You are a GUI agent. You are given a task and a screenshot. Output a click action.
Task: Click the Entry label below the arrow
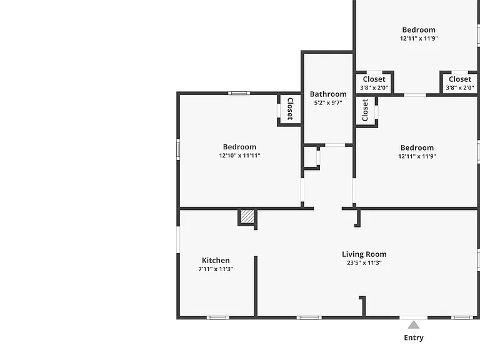(x=414, y=337)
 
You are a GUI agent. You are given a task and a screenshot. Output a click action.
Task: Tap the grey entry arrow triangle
(x=414, y=325)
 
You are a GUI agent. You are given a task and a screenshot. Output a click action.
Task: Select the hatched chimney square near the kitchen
(x=247, y=216)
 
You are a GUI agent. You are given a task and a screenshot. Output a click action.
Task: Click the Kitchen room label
(x=216, y=260)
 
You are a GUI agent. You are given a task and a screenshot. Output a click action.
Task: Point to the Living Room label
(x=364, y=254)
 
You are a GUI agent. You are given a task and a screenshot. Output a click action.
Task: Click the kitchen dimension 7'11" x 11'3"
(x=216, y=269)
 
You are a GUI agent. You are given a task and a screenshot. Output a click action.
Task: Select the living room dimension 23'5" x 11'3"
(x=364, y=262)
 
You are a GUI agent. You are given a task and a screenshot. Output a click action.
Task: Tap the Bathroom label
(x=328, y=94)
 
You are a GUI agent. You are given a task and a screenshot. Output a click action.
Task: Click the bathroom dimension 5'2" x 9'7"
(x=328, y=103)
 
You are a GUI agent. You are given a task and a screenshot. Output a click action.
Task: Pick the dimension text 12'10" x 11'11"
(x=240, y=156)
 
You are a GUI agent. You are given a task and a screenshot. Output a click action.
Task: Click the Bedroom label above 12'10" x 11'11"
(x=240, y=147)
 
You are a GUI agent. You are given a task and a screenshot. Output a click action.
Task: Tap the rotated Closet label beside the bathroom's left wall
(x=290, y=109)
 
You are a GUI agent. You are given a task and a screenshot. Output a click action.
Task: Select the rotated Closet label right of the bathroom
(x=364, y=110)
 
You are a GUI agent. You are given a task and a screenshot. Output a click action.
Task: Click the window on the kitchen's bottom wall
(x=217, y=317)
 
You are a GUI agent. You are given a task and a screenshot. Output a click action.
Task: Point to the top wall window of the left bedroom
(x=239, y=93)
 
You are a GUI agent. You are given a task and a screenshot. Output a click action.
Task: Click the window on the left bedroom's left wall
(x=178, y=149)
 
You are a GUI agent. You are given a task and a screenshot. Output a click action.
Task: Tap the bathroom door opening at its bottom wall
(x=335, y=145)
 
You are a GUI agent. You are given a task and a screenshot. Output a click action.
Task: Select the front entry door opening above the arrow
(x=414, y=317)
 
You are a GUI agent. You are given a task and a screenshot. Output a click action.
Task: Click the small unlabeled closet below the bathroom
(x=311, y=157)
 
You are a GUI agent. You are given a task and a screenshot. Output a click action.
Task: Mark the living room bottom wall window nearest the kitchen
(x=309, y=317)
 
